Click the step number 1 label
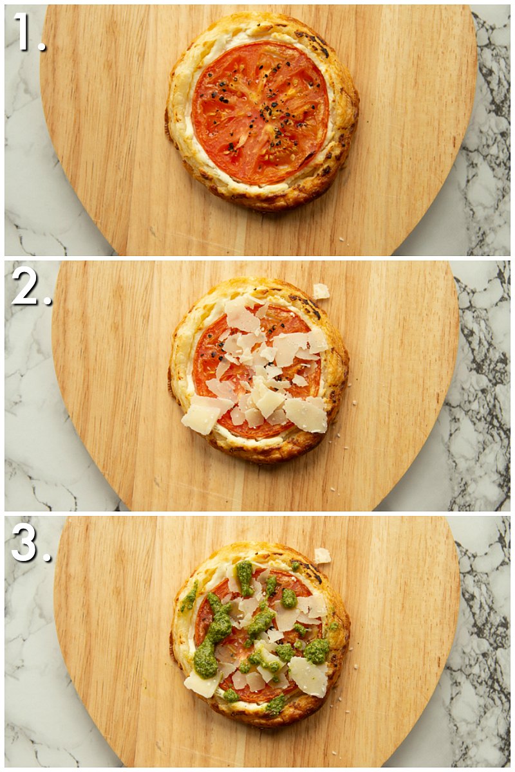point(29,33)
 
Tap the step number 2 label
point(32,286)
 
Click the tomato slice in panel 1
point(261,113)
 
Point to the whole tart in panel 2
point(259,371)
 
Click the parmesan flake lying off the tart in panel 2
point(321,291)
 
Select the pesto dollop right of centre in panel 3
point(316,650)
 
